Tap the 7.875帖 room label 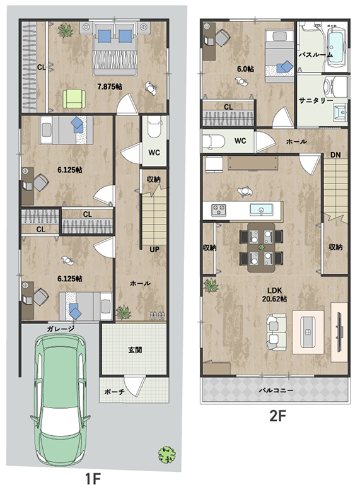pos(110,86)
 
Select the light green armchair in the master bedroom pos(74,99)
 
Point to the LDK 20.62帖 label pos(274,295)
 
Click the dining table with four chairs pos(261,247)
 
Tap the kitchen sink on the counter pos(261,209)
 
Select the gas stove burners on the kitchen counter pos(219,210)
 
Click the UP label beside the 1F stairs pos(154,249)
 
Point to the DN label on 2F pos(335,155)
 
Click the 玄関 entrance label pos(135,350)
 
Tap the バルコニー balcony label pos(276,390)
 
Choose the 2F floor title pos(278,416)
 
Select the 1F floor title pos(93,479)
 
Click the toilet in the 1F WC pos(154,127)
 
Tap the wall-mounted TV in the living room pos(340,332)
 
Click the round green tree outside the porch pos(166,455)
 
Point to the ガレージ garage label pos(61,329)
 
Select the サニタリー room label pos(316,100)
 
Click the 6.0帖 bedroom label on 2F pos(245,69)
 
